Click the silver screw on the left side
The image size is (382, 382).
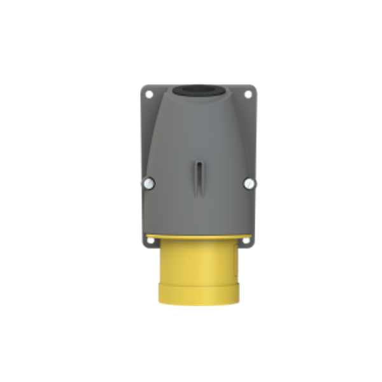(x=146, y=184)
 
